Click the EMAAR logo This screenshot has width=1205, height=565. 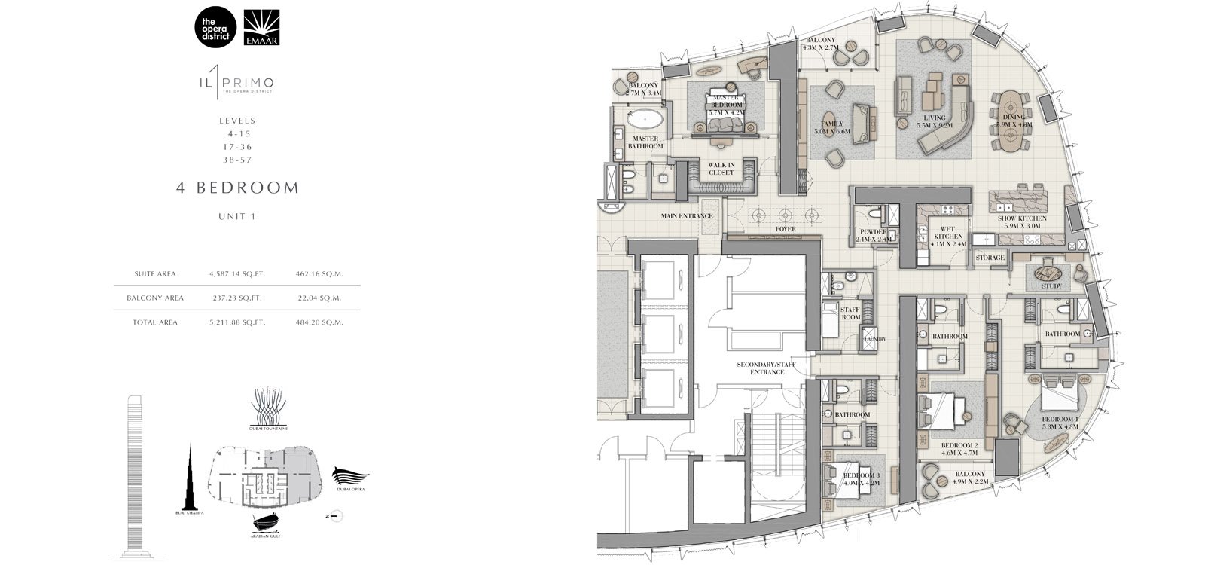[x=262, y=27]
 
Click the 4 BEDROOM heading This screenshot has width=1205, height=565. [x=237, y=188]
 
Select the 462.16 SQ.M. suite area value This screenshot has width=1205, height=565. [x=322, y=274]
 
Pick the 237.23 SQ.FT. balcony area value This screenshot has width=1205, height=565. [x=236, y=298]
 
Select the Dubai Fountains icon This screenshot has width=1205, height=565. [x=269, y=407]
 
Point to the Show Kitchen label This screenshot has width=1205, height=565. [x=1022, y=221]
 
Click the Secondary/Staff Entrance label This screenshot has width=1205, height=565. [x=766, y=368]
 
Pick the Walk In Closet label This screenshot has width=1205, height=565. [x=720, y=169]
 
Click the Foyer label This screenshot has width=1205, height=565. [x=786, y=229]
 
